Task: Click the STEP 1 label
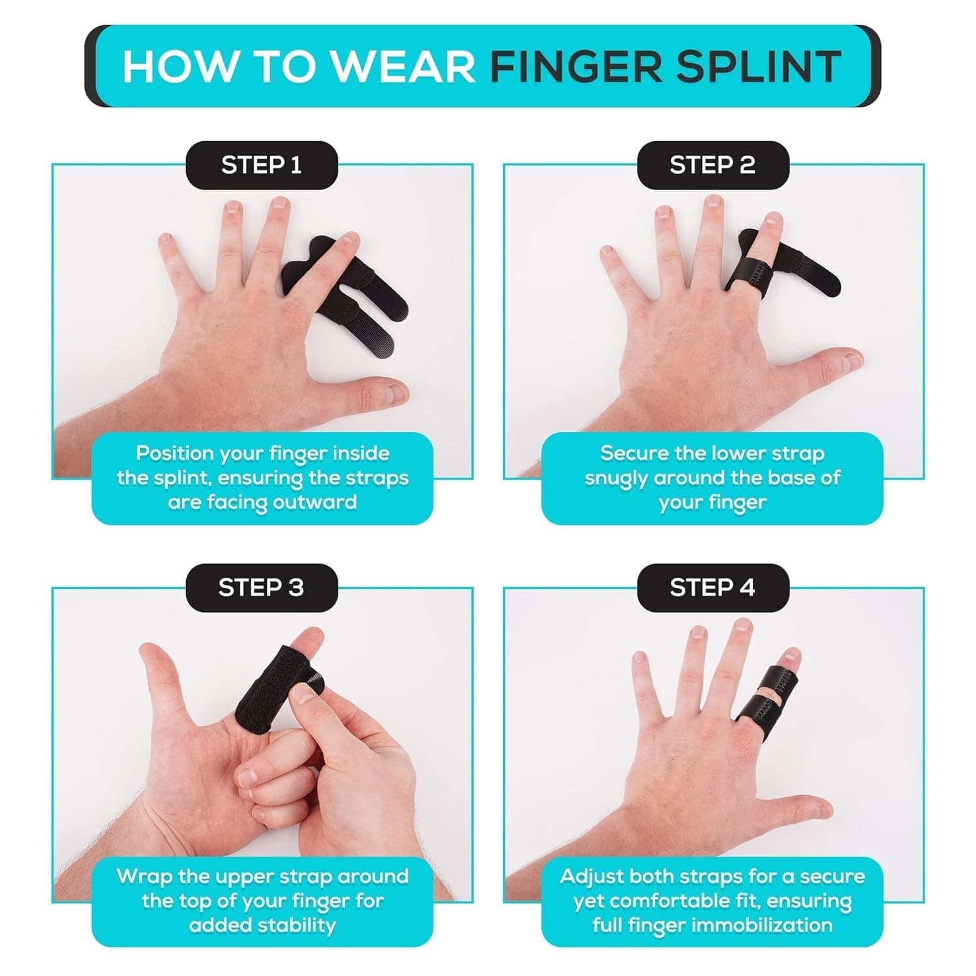[x=262, y=165]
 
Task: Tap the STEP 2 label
[x=712, y=165]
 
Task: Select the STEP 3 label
[x=262, y=588]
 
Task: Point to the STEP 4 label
[x=712, y=588]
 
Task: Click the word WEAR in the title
[x=403, y=66]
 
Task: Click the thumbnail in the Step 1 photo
[x=392, y=392]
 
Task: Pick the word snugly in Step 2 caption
[x=616, y=478]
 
